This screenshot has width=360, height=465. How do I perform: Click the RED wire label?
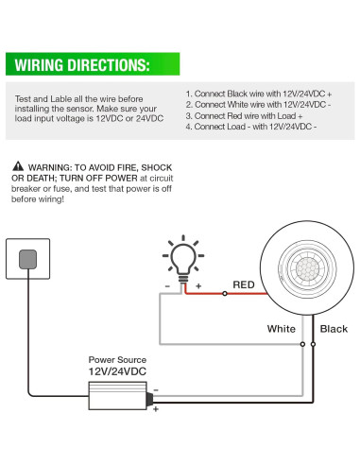[x=245, y=284]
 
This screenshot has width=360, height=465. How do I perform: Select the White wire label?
[x=281, y=329]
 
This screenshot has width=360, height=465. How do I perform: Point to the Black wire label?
[x=334, y=329]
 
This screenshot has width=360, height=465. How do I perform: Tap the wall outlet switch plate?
[x=28, y=258]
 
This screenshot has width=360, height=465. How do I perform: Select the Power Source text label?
[x=116, y=360]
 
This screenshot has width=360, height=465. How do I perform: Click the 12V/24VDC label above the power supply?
[x=117, y=372]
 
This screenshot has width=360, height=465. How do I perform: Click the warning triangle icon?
[x=19, y=164]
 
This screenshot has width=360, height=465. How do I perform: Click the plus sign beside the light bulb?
[x=198, y=284]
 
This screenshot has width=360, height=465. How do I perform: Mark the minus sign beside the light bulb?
[x=167, y=284]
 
